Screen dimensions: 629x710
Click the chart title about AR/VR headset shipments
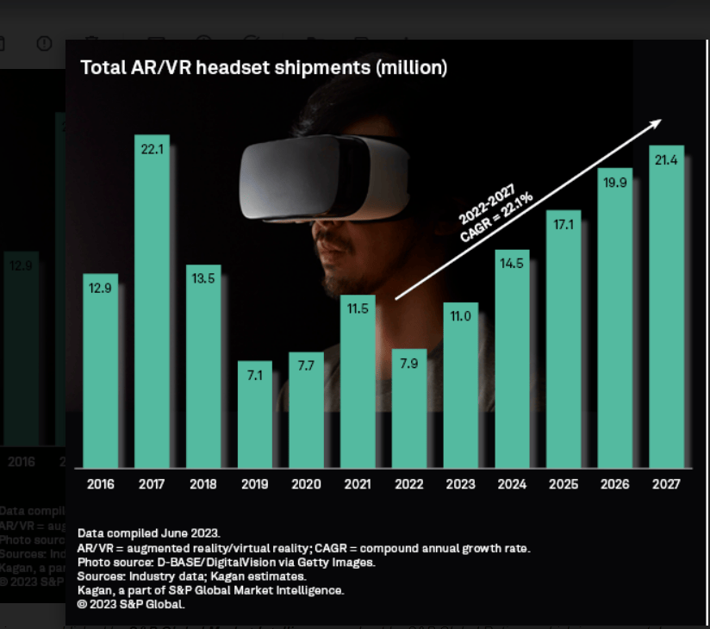pos(264,67)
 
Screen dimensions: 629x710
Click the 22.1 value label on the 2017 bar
pos(152,148)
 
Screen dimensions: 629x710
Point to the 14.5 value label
pos(512,264)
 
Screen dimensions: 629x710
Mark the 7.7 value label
pos(307,365)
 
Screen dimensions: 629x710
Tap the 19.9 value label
pos(615,182)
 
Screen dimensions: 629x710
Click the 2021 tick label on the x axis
pos(358,484)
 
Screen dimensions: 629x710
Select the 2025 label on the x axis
pos(564,484)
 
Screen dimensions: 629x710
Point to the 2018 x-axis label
pos(203,484)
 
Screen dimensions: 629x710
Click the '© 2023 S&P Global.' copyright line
pos(131,604)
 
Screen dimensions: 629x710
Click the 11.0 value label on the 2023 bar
pos(460,316)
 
